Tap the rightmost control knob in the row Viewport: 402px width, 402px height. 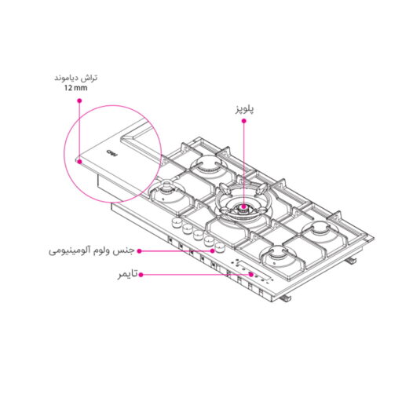210,240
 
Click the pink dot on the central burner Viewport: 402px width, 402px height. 244,209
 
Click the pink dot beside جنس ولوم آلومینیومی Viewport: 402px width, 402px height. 139,250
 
